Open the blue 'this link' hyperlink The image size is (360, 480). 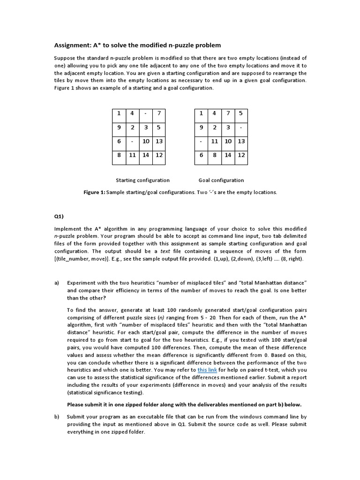[x=207, y=370]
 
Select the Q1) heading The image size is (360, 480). [x=58, y=217]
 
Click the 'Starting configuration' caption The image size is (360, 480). [x=142, y=180]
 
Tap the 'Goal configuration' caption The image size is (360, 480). [x=221, y=180]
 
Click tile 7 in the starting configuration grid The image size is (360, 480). [x=159, y=114]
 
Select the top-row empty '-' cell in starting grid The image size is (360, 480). [x=146, y=114]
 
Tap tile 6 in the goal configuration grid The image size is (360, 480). [x=201, y=155]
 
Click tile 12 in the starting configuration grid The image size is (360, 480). [x=159, y=155]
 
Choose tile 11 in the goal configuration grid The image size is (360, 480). [x=214, y=141]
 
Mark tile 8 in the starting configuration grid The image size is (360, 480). [x=119, y=155]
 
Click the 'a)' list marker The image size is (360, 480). [x=57, y=283]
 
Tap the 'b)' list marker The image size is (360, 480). [x=57, y=416]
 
